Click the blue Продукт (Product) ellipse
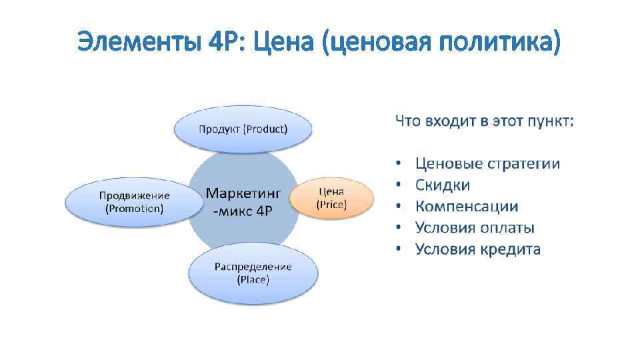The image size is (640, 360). click(x=243, y=129)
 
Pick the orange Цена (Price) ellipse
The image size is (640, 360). click(x=331, y=198)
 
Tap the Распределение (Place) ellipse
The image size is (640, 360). click(x=253, y=273)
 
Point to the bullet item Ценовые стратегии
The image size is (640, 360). click(x=487, y=163)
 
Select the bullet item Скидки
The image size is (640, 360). click(x=443, y=185)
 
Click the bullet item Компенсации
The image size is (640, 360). click(x=467, y=207)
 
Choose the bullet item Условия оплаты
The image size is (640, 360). click(x=475, y=228)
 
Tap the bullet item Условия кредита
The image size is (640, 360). click(x=478, y=249)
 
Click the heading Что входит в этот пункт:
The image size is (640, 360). click(x=484, y=121)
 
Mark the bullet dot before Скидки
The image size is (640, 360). click(x=398, y=185)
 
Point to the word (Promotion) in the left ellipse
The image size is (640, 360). click(x=134, y=208)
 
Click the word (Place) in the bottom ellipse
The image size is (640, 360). click(x=253, y=280)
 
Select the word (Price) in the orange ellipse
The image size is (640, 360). click(x=331, y=205)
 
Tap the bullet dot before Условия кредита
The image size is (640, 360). click(x=398, y=249)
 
